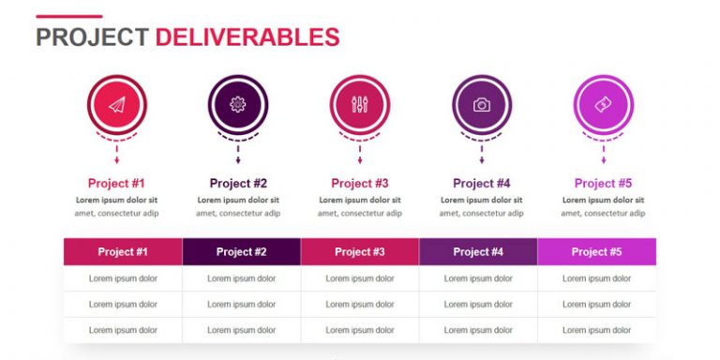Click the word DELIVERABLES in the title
point(247,37)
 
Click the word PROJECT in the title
point(92,37)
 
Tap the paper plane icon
point(116,105)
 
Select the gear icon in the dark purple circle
point(238,105)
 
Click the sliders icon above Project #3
point(360,105)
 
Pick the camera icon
point(482,105)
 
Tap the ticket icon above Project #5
point(603,105)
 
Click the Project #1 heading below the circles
point(116,184)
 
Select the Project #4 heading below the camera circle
point(482,184)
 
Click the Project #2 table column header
point(242,251)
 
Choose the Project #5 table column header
point(597,251)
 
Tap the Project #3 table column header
point(360,251)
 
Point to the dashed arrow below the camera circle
point(482,155)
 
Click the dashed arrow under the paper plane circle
point(116,155)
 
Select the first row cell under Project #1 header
point(123,278)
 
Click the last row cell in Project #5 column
point(597,330)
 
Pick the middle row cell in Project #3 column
point(360,304)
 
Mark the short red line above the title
point(69,17)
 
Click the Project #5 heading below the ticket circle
point(604,184)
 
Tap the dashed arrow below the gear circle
point(238,155)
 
